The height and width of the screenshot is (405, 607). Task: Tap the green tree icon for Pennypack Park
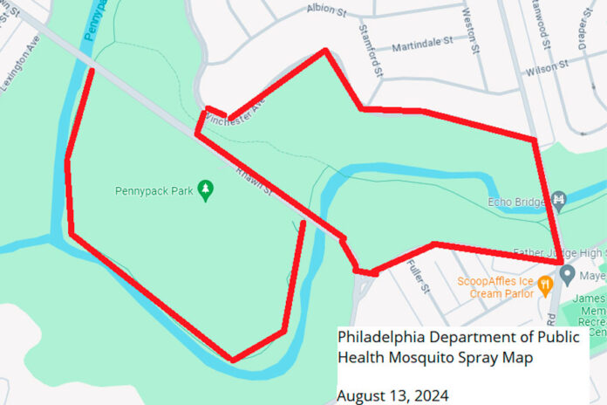click(206, 189)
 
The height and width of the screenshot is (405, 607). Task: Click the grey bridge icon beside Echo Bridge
click(560, 201)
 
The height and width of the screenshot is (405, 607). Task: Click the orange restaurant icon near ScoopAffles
click(544, 283)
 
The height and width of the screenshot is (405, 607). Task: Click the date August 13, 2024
click(392, 395)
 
